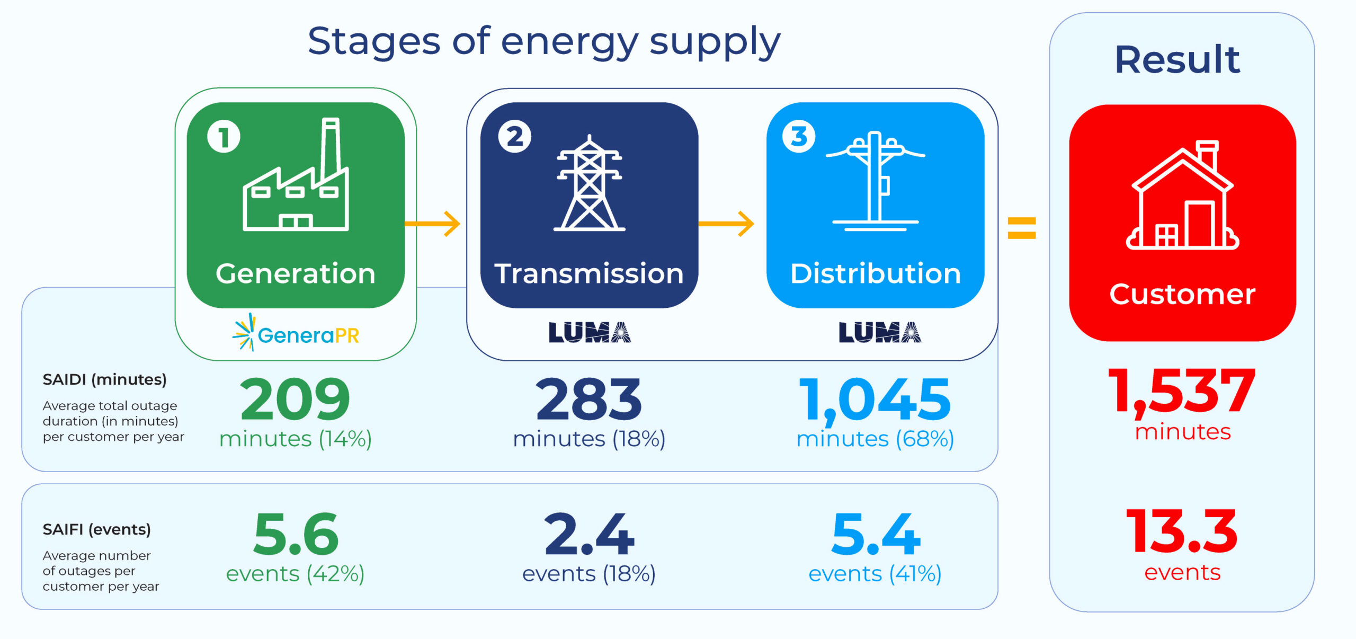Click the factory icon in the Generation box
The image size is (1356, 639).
(296, 174)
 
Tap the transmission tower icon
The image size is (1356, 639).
(589, 183)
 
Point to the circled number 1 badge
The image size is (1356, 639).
(224, 137)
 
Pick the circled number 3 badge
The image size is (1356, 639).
(799, 136)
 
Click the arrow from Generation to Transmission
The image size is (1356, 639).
(432, 224)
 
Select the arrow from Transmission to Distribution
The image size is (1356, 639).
(726, 224)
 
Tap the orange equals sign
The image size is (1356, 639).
(1022, 228)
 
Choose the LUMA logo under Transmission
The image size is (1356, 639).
(590, 332)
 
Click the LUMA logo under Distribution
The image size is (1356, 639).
(880, 332)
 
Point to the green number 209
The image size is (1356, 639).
(295, 398)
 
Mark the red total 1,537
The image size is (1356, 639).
(1182, 392)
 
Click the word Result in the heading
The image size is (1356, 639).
(1177, 59)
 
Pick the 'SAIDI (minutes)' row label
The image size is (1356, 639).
(104, 380)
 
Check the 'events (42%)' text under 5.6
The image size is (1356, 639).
(295, 574)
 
